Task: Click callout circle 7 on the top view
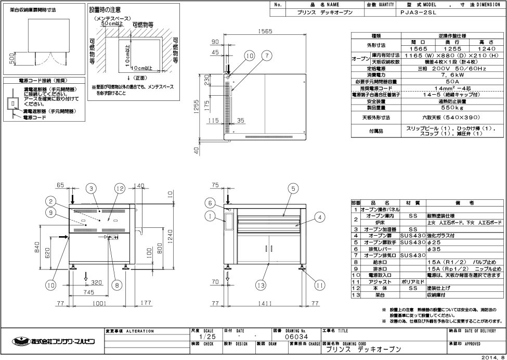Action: (x=266, y=55)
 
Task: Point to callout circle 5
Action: (x=293, y=188)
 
